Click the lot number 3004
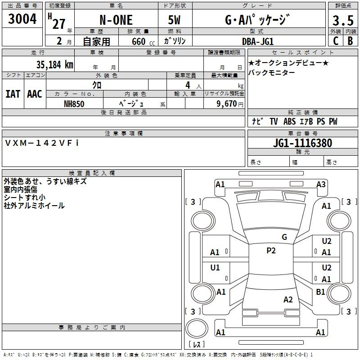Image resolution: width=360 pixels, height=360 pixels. [22, 18]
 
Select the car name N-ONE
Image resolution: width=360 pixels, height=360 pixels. [116, 20]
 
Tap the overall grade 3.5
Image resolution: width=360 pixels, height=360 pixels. [343, 20]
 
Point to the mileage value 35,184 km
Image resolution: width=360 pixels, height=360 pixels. [54, 65]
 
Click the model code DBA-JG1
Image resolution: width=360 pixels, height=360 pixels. [257, 41]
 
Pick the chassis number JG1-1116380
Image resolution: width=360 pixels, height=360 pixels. [302, 143]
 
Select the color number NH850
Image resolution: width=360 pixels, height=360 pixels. [74, 104]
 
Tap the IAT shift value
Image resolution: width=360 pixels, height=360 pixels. [13, 94]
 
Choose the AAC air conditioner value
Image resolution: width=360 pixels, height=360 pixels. [35, 94]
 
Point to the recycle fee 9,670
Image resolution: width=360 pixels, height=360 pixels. [226, 104]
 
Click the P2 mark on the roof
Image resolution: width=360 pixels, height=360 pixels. [271, 251]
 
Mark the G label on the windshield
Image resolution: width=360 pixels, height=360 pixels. [284, 237]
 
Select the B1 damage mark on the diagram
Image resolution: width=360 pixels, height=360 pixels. [320, 292]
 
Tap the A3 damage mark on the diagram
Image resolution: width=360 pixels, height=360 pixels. [321, 184]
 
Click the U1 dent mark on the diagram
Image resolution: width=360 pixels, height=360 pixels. [215, 267]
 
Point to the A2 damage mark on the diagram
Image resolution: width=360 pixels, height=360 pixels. [288, 300]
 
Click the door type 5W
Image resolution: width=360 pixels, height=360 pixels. [174, 20]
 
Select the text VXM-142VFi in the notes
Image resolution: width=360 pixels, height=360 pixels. [42, 143]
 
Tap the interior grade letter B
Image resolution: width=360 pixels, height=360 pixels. [351, 41]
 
